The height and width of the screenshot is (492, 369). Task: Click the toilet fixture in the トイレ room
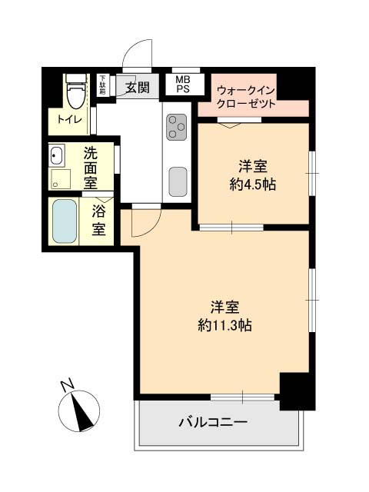click(x=76, y=91)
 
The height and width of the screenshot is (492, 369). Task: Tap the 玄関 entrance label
click(x=138, y=88)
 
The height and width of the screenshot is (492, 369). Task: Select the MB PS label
click(x=183, y=84)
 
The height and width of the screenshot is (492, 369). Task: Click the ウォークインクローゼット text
click(x=246, y=98)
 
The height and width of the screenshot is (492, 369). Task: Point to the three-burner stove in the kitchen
click(x=176, y=127)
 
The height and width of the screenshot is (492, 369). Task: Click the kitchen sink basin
click(x=178, y=181)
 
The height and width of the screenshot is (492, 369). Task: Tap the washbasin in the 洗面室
click(x=56, y=155)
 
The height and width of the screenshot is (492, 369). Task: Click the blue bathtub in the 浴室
click(x=65, y=221)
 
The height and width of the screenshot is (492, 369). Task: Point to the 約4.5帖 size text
click(x=253, y=184)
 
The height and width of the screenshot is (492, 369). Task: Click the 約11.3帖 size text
click(x=225, y=325)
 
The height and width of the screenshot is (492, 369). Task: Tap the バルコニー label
click(x=214, y=422)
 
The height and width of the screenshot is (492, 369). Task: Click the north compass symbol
click(x=79, y=411)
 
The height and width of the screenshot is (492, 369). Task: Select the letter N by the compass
click(x=68, y=385)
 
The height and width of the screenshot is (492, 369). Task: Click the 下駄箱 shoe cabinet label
click(x=102, y=85)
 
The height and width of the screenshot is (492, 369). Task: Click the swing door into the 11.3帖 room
click(x=146, y=221)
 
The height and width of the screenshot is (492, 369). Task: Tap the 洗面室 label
click(x=91, y=168)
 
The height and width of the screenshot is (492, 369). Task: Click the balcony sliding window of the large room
click(x=243, y=397)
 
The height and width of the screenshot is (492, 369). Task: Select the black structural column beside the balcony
click(x=298, y=391)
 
